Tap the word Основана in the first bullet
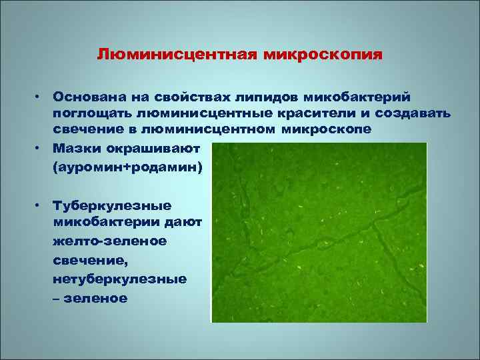point(86,98)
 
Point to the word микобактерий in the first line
point(363,98)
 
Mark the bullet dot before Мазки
point(40,145)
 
